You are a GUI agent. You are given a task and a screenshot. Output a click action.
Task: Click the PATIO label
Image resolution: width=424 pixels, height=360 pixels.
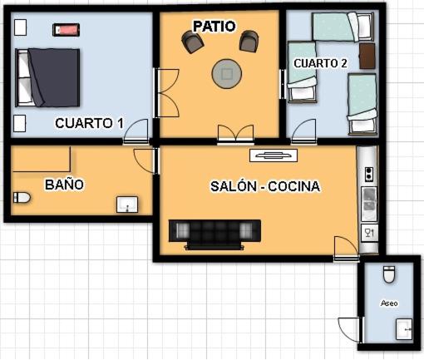[214, 26]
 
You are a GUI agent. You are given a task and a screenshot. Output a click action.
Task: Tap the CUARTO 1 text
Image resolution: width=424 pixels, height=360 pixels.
[89, 123]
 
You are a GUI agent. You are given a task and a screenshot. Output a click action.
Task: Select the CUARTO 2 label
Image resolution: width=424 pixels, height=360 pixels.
[320, 63]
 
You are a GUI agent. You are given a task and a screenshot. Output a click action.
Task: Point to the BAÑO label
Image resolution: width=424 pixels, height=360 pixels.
[64, 185]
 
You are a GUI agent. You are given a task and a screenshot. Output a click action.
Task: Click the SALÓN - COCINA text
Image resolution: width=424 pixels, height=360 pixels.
[265, 186]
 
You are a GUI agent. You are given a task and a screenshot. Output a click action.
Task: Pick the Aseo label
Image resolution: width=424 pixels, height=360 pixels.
[389, 303]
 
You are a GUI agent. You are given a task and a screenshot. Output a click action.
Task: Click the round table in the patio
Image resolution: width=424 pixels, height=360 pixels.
[227, 74]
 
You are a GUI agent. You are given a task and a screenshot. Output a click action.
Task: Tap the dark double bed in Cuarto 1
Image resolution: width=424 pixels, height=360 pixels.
[47, 77]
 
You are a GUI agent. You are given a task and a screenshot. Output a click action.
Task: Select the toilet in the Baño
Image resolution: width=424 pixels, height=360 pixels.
[22, 198]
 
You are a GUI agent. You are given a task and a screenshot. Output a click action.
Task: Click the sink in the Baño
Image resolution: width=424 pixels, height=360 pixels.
[127, 205]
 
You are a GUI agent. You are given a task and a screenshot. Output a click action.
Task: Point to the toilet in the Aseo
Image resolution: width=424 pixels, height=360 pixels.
[389, 274]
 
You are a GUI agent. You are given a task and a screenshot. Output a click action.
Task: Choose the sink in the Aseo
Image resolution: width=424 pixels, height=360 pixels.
[404, 329]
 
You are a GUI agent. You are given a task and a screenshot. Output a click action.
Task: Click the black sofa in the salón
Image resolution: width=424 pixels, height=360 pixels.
[214, 234]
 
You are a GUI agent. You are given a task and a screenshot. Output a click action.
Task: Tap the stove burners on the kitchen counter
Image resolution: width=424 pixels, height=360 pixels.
[369, 175]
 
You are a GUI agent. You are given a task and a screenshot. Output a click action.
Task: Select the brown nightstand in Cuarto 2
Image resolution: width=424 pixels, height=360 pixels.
[367, 56]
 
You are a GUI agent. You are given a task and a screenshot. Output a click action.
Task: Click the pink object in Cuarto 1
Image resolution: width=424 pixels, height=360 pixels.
[67, 30]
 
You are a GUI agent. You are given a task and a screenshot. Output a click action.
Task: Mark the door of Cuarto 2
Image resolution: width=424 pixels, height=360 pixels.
[303, 131]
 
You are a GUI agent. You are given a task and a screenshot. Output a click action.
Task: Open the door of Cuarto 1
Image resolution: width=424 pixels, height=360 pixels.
[136, 131]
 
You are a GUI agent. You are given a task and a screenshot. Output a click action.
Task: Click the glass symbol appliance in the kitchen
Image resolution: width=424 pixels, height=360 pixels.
[370, 233]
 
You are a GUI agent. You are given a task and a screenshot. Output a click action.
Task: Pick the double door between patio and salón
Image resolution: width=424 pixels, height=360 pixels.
[235, 135]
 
